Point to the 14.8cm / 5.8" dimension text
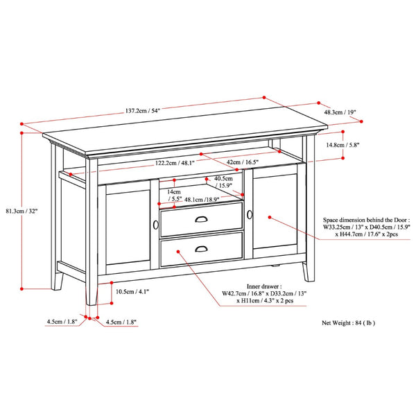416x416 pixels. (x=343, y=146)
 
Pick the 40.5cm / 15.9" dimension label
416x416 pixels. (x=223, y=182)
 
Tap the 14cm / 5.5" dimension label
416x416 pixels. (x=173, y=195)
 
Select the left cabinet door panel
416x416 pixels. (x=127, y=225)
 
